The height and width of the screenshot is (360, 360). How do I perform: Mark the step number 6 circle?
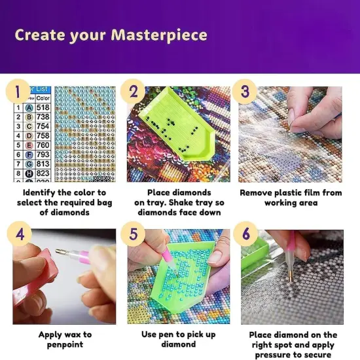pos(245,234)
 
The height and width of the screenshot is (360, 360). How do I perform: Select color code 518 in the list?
pos(43,107)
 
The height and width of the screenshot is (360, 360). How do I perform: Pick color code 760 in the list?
pos(43,145)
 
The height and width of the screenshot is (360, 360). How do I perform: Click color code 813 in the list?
pos(43,164)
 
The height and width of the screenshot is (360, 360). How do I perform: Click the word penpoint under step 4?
pos(64,345)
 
